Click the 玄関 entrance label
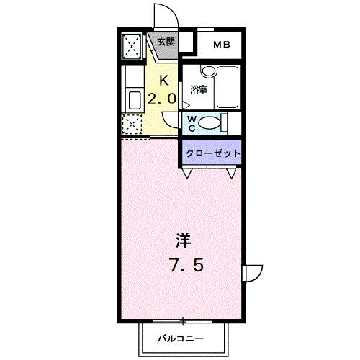(x=165, y=42)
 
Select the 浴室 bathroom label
(x=199, y=90)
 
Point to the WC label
(x=193, y=122)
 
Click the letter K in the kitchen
(x=163, y=80)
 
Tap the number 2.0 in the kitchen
(x=163, y=99)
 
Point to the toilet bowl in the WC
(x=210, y=123)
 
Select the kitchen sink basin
(x=134, y=99)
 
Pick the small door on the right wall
(x=251, y=274)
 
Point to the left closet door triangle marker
(x=186, y=173)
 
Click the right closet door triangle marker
(x=233, y=173)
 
